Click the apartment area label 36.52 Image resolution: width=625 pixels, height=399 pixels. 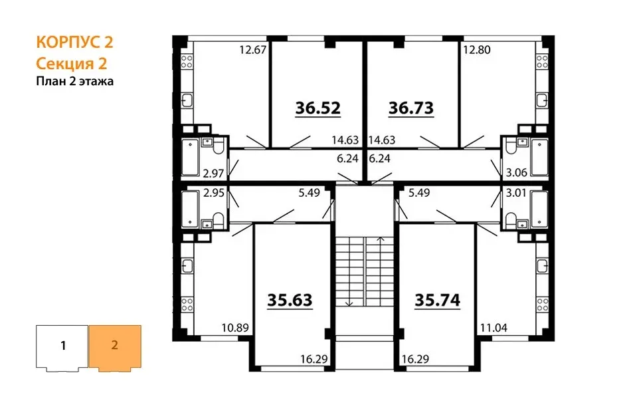(x=318, y=108)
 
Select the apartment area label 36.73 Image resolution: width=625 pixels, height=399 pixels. (x=411, y=108)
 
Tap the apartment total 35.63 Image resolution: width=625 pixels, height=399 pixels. (x=290, y=300)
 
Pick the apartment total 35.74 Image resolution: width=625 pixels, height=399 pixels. (x=438, y=300)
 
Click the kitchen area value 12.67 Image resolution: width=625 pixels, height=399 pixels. (x=252, y=50)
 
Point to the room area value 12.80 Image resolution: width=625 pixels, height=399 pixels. (x=477, y=50)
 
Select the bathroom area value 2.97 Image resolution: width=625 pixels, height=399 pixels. (x=213, y=174)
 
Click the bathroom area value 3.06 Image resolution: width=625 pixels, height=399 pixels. (x=517, y=173)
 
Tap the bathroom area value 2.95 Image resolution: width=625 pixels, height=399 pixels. (x=214, y=193)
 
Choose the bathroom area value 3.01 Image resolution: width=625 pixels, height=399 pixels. (x=516, y=193)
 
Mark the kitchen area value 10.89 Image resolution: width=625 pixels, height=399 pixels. (x=235, y=328)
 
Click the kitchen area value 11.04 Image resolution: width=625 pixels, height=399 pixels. (x=494, y=328)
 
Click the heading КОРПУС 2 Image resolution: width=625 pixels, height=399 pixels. (x=74, y=42)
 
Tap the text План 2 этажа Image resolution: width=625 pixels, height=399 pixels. (x=75, y=81)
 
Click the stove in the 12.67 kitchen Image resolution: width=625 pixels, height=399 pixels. (x=187, y=61)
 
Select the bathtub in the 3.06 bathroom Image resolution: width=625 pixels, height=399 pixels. (x=540, y=157)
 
